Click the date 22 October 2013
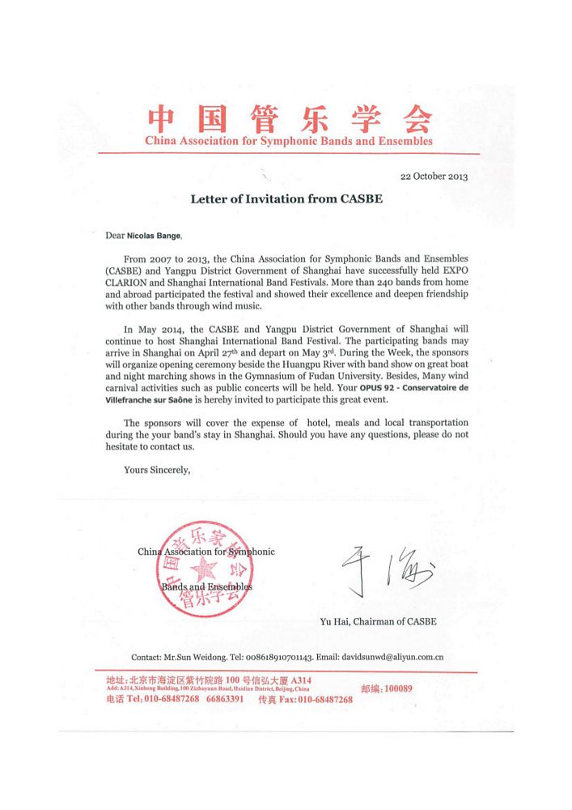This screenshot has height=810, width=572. [434, 176]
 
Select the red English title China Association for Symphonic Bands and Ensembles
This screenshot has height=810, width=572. [288, 141]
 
